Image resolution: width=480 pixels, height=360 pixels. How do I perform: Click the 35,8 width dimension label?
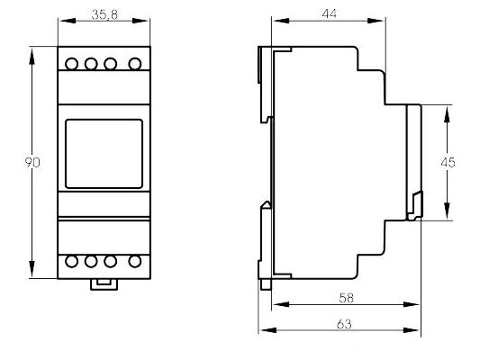pyautogui.click(x=104, y=14)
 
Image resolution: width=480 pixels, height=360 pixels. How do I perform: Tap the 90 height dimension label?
pyautogui.click(x=32, y=162)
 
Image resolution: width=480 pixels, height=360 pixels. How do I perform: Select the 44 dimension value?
pyautogui.click(x=330, y=13)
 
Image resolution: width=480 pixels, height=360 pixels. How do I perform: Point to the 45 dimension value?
pyautogui.click(x=448, y=162)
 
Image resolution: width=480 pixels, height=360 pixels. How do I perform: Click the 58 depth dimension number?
pyautogui.click(x=346, y=298)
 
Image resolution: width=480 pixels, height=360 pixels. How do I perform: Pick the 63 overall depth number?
pyautogui.click(x=344, y=324)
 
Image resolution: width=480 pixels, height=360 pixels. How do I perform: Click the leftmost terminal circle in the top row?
pyautogui.click(x=72, y=64)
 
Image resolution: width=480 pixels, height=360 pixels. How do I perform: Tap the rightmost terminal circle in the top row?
pyautogui.click(x=135, y=64)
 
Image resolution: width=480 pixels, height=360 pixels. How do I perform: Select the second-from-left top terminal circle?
pyautogui.click(x=91, y=64)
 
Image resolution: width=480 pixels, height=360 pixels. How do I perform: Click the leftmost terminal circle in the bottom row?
pyautogui.click(x=72, y=262)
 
